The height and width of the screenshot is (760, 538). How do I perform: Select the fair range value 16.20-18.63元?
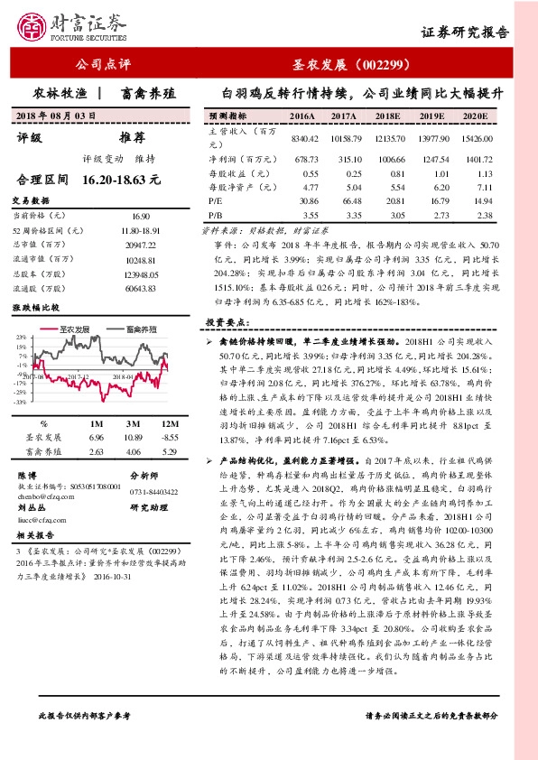120,181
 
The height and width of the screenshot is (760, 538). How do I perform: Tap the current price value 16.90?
141,218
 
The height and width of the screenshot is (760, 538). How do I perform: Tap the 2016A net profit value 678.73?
306,158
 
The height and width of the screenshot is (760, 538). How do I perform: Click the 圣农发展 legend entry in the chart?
79,328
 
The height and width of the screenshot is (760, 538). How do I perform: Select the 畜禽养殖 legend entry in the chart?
140,328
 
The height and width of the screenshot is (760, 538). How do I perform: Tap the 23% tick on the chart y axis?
20,337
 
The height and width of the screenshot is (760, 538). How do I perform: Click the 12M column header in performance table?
167,423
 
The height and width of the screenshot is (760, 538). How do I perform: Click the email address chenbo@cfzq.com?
44,495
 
